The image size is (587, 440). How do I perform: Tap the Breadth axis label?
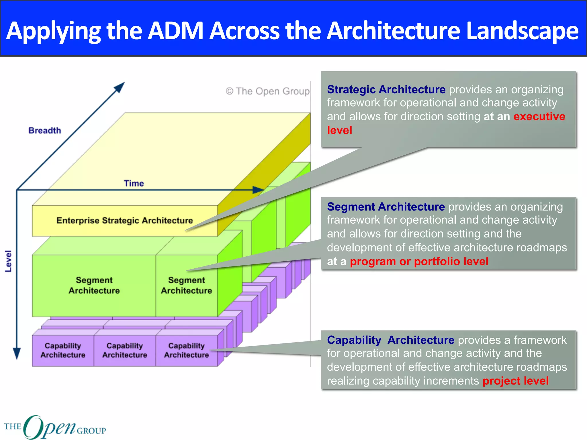(x=45, y=131)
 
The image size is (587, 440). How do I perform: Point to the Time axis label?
(x=134, y=183)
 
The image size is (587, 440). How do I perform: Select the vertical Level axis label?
(x=8, y=261)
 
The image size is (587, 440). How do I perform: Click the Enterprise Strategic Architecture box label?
(x=125, y=221)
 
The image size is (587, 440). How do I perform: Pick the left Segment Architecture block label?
(x=94, y=285)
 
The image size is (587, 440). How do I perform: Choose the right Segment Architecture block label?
(x=187, y=285)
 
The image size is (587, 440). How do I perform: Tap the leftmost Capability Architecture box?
(x=63, y=350)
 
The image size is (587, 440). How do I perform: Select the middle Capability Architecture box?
(x=125, y=350)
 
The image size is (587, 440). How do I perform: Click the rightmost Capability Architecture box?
(x=187, y=350)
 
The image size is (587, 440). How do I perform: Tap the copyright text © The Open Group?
(x=267, y=91)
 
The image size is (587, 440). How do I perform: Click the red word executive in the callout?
(x=539, y=117)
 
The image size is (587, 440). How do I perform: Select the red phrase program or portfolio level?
(x=419, y=262)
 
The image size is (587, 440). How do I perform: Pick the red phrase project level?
(x=515, y=381)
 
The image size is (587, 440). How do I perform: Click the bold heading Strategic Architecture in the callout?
(x=386, y=90)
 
